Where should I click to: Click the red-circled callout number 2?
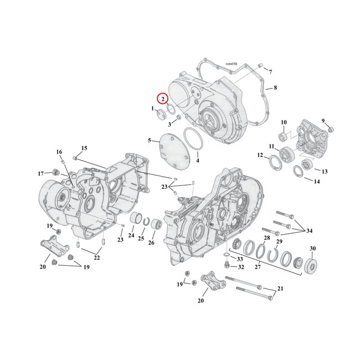pyautogui.click(x=163, y=99)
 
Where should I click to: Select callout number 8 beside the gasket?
pyautogui.click(x=275, y=88)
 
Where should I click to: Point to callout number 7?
pyautogui.click(x=271, y=72)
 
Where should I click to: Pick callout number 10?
pyautogui.click(x=284, y=122)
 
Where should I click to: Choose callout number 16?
pyautogui.click(x=59, y=152)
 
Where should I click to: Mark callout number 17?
pyautogui.click(x=40, y=173)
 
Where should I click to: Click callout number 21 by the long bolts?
pyautogui.click(x=280, y=289)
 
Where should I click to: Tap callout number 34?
pyautogui.click(x=309, y=230)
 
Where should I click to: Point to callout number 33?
pyautogui.click(x=239, y=259)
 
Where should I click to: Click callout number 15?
pyautogui.click(x=84, y=148)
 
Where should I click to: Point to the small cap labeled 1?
pyautogui.click(x=161, y=115)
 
